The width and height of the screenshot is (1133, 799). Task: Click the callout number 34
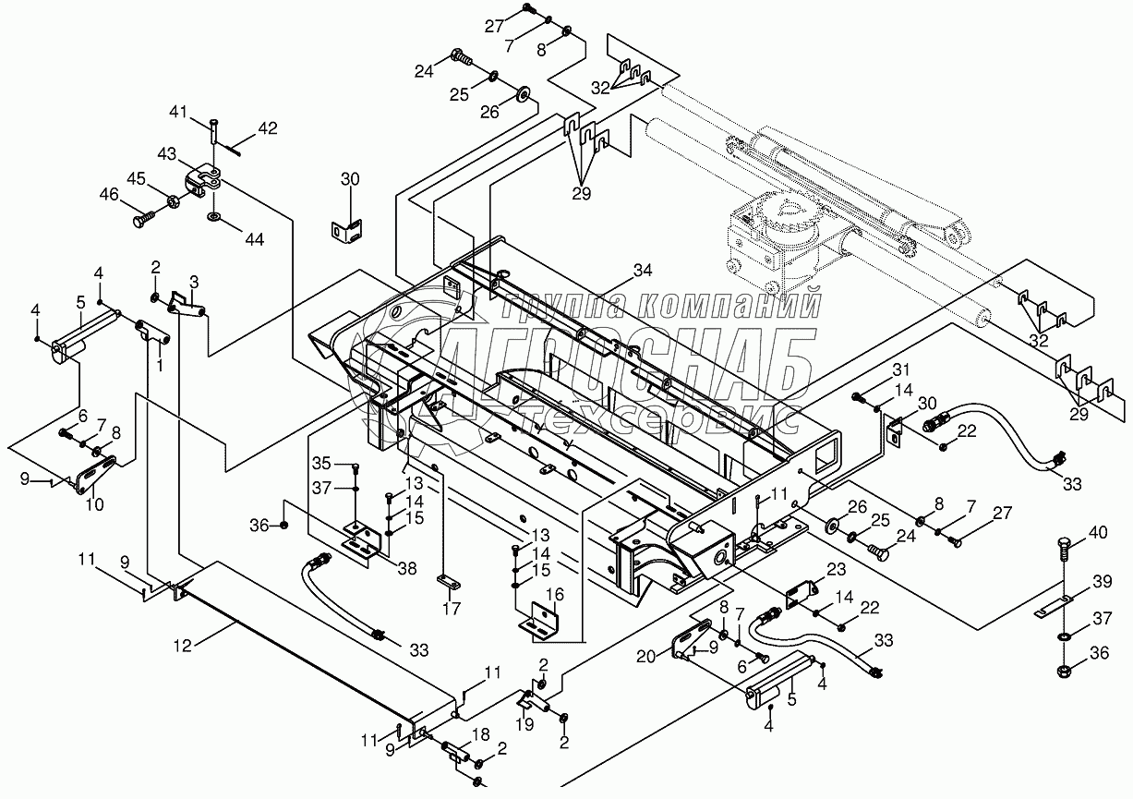click(x=643, y=271)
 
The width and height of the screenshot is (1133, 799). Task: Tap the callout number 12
click(x=183, y=646)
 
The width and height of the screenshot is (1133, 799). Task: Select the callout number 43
click(x=167, y=153)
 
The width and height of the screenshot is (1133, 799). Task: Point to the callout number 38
click(x=407, y=568)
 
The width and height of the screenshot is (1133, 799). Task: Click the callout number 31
click(x=901, y=369)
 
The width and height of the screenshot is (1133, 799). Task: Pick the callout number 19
click(x=525, y=724)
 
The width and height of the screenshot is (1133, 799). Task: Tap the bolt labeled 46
click(x=145, y=220)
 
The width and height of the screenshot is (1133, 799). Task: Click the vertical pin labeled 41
click(x=214, y=132)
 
